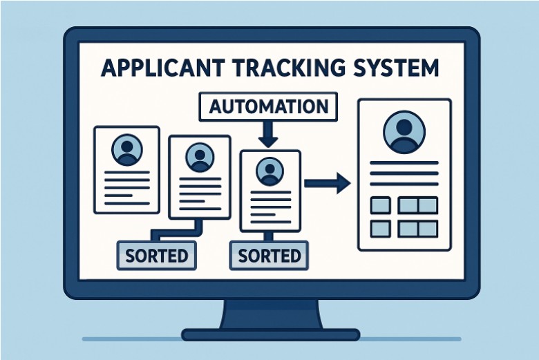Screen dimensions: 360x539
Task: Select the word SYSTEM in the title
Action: click(x=393, y=69)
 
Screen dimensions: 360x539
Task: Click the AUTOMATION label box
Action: click(x=268, y=108)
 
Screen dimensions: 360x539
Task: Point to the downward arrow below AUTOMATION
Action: click(x=268, y=135)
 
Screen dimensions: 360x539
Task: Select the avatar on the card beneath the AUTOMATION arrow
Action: click(x=269, y=171)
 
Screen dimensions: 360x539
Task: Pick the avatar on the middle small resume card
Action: click(x=200, y=157)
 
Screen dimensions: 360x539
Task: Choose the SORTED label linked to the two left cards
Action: click(x=156, y=255)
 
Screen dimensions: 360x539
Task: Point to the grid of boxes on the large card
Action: click(x=404, y=216)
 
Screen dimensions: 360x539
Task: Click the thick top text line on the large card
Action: click(x=404, y=164)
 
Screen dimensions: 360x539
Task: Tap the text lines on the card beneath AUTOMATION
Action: click(x=269, y=205)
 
